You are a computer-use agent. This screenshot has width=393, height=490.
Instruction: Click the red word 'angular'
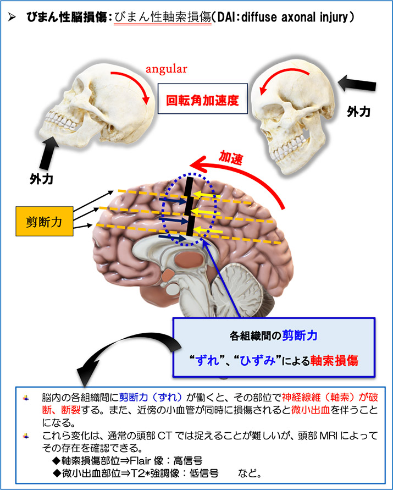(167, 70)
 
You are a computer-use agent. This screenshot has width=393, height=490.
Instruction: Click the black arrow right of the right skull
(357, 85)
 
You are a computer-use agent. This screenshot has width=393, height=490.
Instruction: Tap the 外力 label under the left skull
(41, 179)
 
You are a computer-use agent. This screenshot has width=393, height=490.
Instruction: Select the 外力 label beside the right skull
(358, 111)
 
